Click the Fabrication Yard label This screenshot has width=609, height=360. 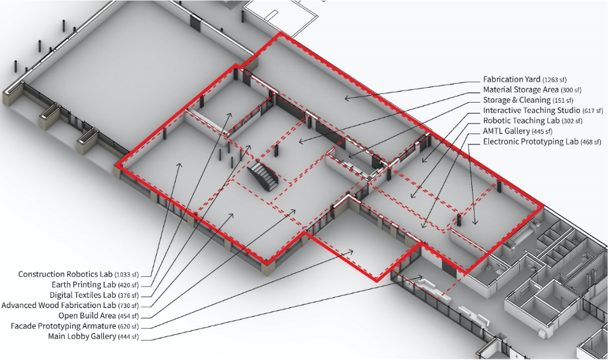tap(512, 79)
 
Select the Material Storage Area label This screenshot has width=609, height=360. tap(521, 90)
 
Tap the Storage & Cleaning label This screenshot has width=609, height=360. tap(517, 100)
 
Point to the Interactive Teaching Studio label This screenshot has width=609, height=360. tap(532, 111)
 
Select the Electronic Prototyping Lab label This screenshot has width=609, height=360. tap(531, 142)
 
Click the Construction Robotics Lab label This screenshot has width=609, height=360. tap(65, 274)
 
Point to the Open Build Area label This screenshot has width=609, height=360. tap(87, 315)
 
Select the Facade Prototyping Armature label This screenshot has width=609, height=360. tap(63, 326)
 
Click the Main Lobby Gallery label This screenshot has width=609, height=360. tap(82, 336)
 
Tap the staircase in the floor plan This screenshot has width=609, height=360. tap(263, 176)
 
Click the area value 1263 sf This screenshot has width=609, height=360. tap(554, 80)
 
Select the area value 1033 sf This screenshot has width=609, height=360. tap(127, 275)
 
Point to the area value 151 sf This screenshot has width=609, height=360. tap(563, 101)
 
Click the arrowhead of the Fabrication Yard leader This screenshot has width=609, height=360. tap(346, 98)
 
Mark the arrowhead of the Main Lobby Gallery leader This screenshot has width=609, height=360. tap(420, 277)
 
